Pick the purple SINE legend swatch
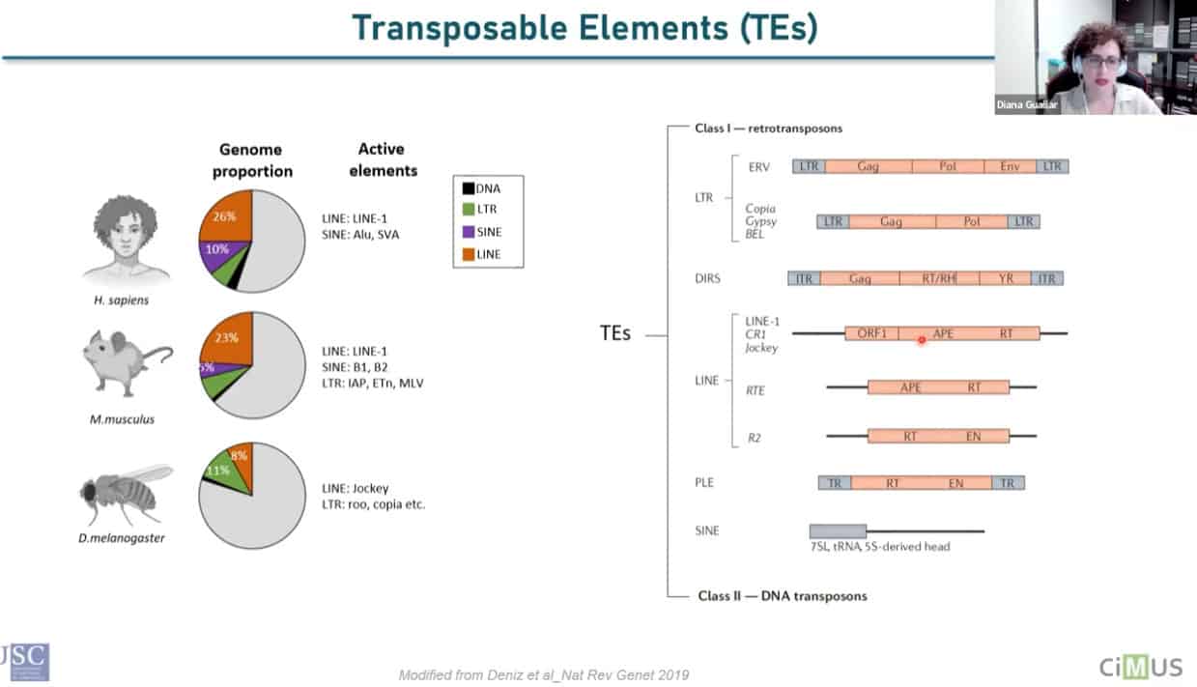468,233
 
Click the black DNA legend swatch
468,188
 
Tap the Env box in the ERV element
1010,167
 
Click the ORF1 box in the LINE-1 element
871,333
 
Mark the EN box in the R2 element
973,437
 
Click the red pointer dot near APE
922,339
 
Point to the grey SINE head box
838,530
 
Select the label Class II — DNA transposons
783,596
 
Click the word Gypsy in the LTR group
761,222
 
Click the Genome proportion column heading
250,160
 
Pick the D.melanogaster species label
122,538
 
